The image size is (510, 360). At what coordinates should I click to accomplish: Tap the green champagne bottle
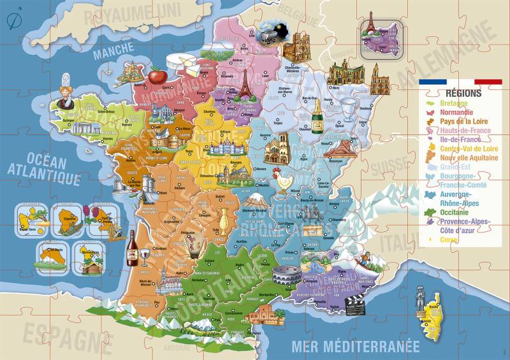(317, 116)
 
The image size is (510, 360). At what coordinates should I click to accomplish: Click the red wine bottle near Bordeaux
(132, 248)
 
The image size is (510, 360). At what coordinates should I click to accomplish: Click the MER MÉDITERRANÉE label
(355, 347)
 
